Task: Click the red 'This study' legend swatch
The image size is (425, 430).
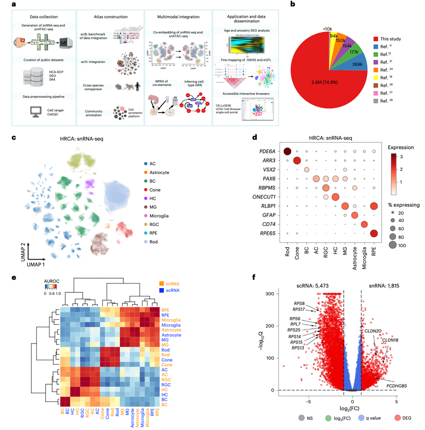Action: click(x=376, y=38)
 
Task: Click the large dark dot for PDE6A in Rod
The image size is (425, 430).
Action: click(x=287, y=152)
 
